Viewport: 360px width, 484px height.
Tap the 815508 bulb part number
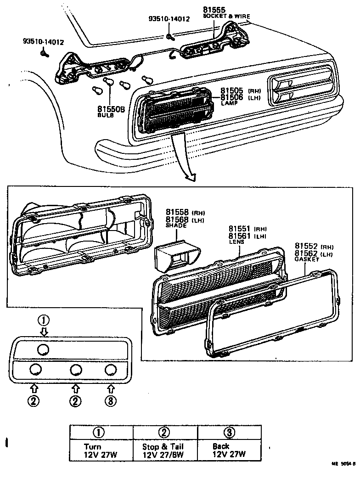point(111,109)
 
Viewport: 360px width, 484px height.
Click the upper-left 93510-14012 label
point(43,42)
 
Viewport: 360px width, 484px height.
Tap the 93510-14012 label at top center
point(169,19)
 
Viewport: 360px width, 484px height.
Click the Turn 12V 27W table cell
point(101,450)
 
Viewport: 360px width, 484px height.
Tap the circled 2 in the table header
point(165,432)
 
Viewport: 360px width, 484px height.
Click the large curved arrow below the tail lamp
point(184,156)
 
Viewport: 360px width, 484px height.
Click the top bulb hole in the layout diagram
point(43,349)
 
